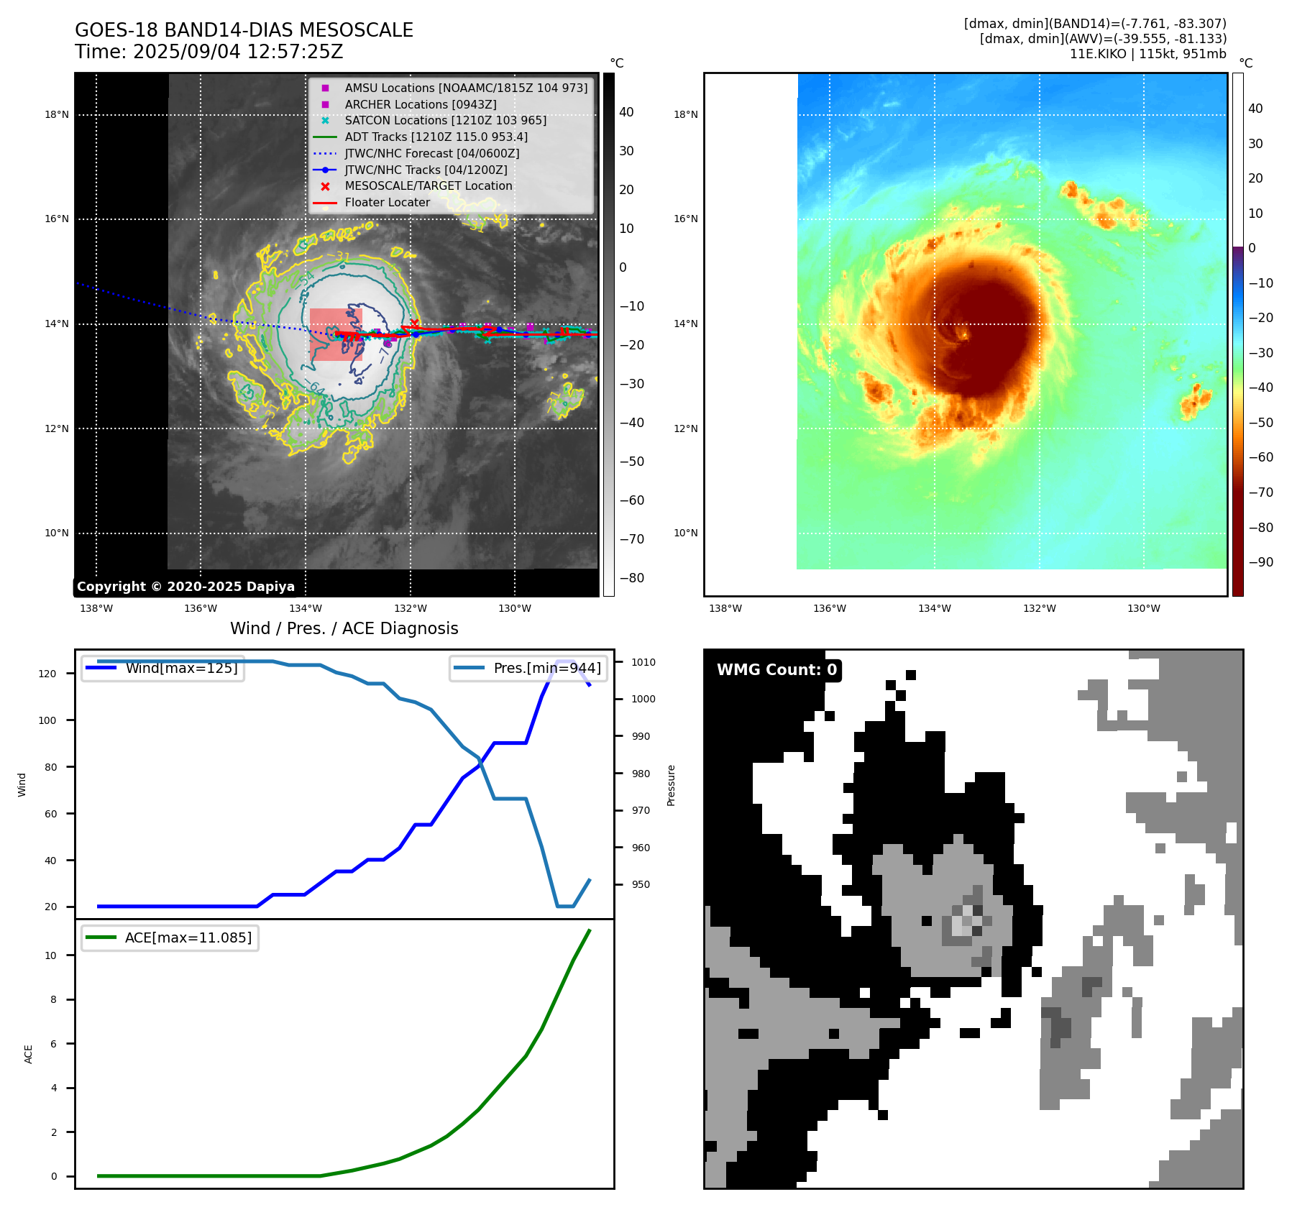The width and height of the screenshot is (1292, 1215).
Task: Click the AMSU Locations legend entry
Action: coord(465,88)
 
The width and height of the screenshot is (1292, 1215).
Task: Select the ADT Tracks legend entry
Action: coord(436,137)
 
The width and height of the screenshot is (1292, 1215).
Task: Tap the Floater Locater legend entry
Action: coord(387,203)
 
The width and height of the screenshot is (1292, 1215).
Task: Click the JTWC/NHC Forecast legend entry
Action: coord(431,153)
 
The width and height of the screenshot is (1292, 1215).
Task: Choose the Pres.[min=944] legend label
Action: coord(546,668)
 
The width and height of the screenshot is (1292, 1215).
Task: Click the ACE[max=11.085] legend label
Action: coord(188,937)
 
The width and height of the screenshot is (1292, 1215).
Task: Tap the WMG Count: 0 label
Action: coord(776,670)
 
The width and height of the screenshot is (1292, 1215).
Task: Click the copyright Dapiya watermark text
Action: coord(185,587)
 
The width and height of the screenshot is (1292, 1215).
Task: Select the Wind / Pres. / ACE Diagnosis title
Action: coord(344,628)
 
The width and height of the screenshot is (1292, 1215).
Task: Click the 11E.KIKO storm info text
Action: coord(1147,54)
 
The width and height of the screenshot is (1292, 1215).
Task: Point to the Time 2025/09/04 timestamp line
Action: coord(209,52)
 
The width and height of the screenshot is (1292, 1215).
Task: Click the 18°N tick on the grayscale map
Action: coord(57,114)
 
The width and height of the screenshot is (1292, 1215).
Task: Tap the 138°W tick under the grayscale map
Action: coord(96,609)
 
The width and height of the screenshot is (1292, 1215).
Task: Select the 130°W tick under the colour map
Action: coord(1143,609)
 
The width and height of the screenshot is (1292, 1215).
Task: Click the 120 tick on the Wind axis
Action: coord(47,674)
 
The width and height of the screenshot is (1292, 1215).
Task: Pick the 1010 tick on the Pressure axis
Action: coord(643,662)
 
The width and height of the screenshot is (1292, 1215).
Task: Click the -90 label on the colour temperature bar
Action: coord(1260,562)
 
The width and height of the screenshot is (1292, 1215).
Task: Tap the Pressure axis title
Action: coord(671,785)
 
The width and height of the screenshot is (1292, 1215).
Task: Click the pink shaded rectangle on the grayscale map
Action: coord(335,334)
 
